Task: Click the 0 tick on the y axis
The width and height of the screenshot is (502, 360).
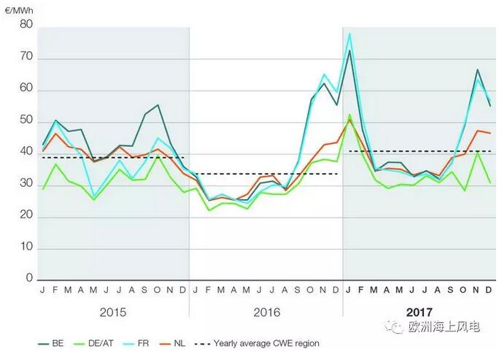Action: [29, 279]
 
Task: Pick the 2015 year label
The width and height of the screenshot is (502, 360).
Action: [113, 312]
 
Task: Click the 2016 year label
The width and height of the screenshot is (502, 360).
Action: [266, 312]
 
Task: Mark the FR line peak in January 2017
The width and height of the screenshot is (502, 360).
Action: [350, 33]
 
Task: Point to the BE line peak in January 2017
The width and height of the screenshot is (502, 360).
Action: [350, 50]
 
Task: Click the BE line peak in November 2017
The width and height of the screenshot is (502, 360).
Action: [477, 70]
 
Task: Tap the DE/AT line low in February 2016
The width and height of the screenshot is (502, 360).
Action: [209, 210]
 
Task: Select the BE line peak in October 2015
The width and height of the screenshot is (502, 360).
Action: [158, 105]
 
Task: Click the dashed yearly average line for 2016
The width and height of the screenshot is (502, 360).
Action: [266, 174]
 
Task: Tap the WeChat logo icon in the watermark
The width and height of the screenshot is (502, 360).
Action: [395, 328]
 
